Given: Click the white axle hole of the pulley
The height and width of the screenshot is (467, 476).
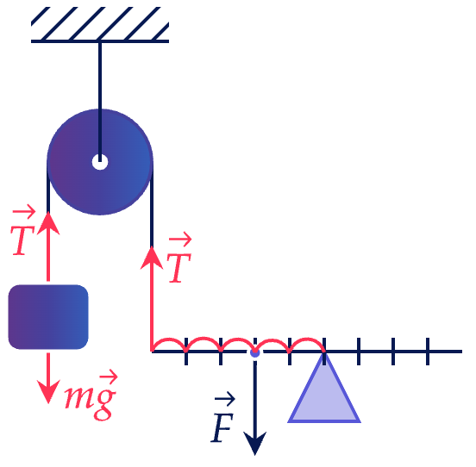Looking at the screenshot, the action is click(x=100, y=162).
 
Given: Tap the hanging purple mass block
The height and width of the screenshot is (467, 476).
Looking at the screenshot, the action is click(x=48, y=317).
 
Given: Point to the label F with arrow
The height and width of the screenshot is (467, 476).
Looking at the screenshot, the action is click(x=223, y=417).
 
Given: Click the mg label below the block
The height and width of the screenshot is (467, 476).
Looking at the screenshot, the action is click(x=91, y=395).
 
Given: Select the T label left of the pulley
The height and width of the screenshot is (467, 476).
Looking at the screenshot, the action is click(x=23, y=230).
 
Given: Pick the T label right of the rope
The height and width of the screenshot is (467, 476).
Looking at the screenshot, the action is click(x=179, y=258).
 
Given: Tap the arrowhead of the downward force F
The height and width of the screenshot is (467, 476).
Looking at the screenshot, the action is click(x=255, y=444).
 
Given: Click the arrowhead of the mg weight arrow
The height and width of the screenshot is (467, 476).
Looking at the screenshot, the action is click(x=48, y=392).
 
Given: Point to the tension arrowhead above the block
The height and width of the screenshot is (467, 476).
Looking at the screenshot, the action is click(x=48, y=223).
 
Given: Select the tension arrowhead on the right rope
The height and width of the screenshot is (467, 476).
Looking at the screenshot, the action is click(x=152, y=258).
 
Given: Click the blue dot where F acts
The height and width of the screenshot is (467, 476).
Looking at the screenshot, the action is click(x=255, y=352).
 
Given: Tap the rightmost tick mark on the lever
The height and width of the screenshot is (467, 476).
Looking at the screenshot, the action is click(x=428, y=352).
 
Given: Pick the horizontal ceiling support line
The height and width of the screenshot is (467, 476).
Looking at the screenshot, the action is click(x=100, y=41).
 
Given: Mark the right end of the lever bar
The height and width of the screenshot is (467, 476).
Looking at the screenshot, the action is click(x=462, y=352).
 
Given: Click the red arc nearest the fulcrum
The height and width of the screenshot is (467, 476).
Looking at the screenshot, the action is click(x=307, y=339).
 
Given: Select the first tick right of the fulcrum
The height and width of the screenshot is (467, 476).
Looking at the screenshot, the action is click(x=359, y=352).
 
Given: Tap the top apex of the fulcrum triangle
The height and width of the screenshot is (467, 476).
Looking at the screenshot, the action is click(x=324, y=352).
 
